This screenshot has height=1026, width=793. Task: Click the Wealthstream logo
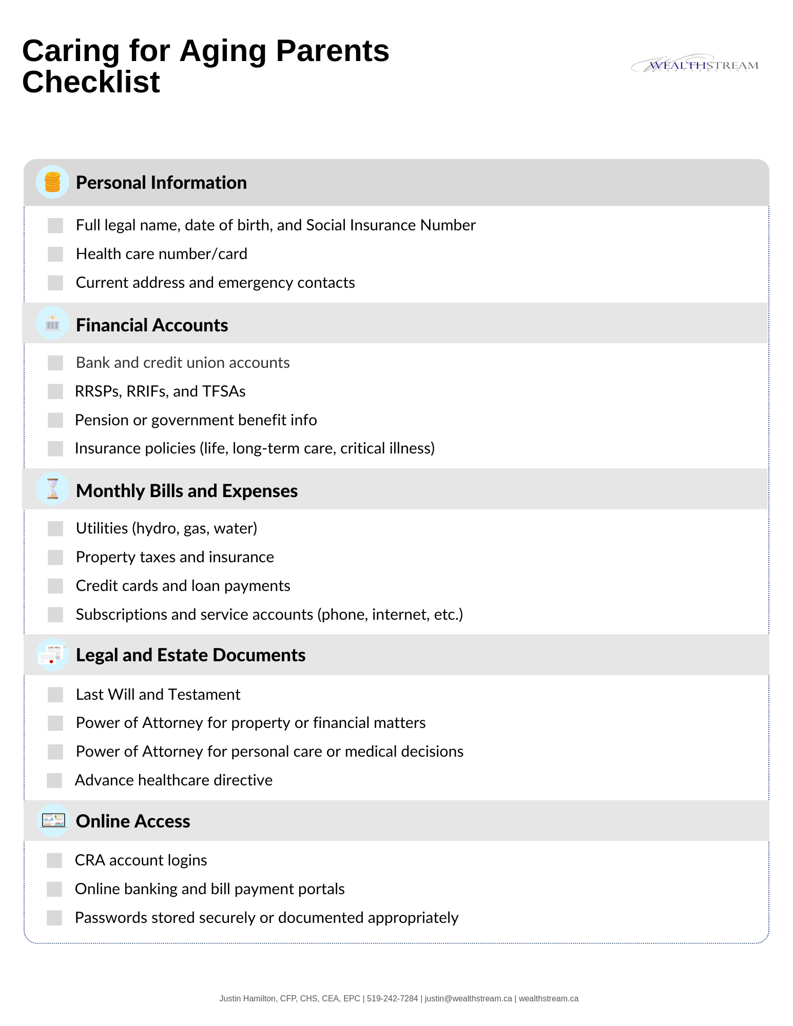point(695,65)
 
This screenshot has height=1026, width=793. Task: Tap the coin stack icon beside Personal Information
point(52,182)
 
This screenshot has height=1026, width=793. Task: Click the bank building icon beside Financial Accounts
point(52,324)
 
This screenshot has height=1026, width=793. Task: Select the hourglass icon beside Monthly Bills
point(52,489)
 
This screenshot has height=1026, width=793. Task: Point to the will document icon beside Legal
point(52,655)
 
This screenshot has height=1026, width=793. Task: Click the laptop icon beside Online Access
point(53,820)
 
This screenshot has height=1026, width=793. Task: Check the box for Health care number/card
point(55,254)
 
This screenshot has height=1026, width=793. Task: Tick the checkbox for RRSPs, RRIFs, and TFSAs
point(55,391)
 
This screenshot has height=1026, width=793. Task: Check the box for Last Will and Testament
point(55,695)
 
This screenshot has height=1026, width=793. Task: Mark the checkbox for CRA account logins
point(54,860)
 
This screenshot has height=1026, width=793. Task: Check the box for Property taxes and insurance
point(55,557)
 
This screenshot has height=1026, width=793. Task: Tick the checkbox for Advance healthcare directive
point(54,780)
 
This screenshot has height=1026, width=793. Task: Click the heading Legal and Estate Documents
point(190,655)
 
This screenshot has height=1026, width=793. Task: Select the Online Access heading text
point(133,821)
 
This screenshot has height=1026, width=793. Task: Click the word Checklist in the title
point(91,82)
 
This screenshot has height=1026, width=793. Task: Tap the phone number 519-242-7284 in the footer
point(392,998)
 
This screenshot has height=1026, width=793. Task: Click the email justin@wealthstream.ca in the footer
point(468,998)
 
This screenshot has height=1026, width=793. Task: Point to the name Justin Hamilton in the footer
point(248,998)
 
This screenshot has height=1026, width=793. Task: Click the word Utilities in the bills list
point(102,528)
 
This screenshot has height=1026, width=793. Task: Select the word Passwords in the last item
point(106,918)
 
